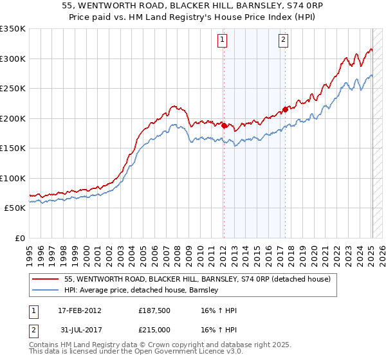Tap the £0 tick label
18,238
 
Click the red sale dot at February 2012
224,126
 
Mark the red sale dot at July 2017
286,109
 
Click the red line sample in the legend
46,279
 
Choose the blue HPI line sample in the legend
46,290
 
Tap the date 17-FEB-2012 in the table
80,310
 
